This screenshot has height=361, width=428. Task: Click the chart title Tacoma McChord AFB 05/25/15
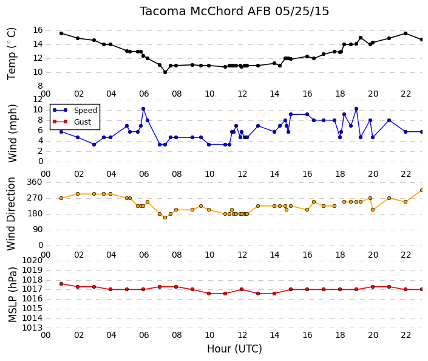tap(234, 12)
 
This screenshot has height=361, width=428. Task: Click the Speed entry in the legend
tap(86, 111)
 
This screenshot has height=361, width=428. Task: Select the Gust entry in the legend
tap(83, 122)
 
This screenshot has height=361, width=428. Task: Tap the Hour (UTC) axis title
tap(234, 349)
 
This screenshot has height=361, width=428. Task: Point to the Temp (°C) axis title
tap(12, 54)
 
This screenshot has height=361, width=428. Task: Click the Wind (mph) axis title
tap(12, 133)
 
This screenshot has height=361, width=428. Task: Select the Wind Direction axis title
tap(11, 214)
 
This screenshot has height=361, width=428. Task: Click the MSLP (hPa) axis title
tap(12, 295)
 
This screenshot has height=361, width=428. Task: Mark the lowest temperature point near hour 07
tap(165, 72)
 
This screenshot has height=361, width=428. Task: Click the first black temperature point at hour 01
tap(61, 33)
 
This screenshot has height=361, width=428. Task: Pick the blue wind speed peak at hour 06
tap(143, 109)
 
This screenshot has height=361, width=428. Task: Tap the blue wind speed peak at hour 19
tap(356, 109)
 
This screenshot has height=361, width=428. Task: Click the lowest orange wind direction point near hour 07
tap(165, 218)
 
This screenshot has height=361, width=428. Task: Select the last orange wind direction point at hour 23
tap(422, 190)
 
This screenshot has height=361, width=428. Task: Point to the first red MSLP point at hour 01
tap(61, 284)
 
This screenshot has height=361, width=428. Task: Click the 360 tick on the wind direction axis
tap(35, 182)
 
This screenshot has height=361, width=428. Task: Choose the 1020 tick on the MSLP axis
tap(32, 260)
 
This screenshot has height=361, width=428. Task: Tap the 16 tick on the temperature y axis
tap(38, 30)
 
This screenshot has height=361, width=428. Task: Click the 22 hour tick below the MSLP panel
tap(406, 335)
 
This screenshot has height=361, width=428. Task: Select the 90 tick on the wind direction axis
tap(38, 230)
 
